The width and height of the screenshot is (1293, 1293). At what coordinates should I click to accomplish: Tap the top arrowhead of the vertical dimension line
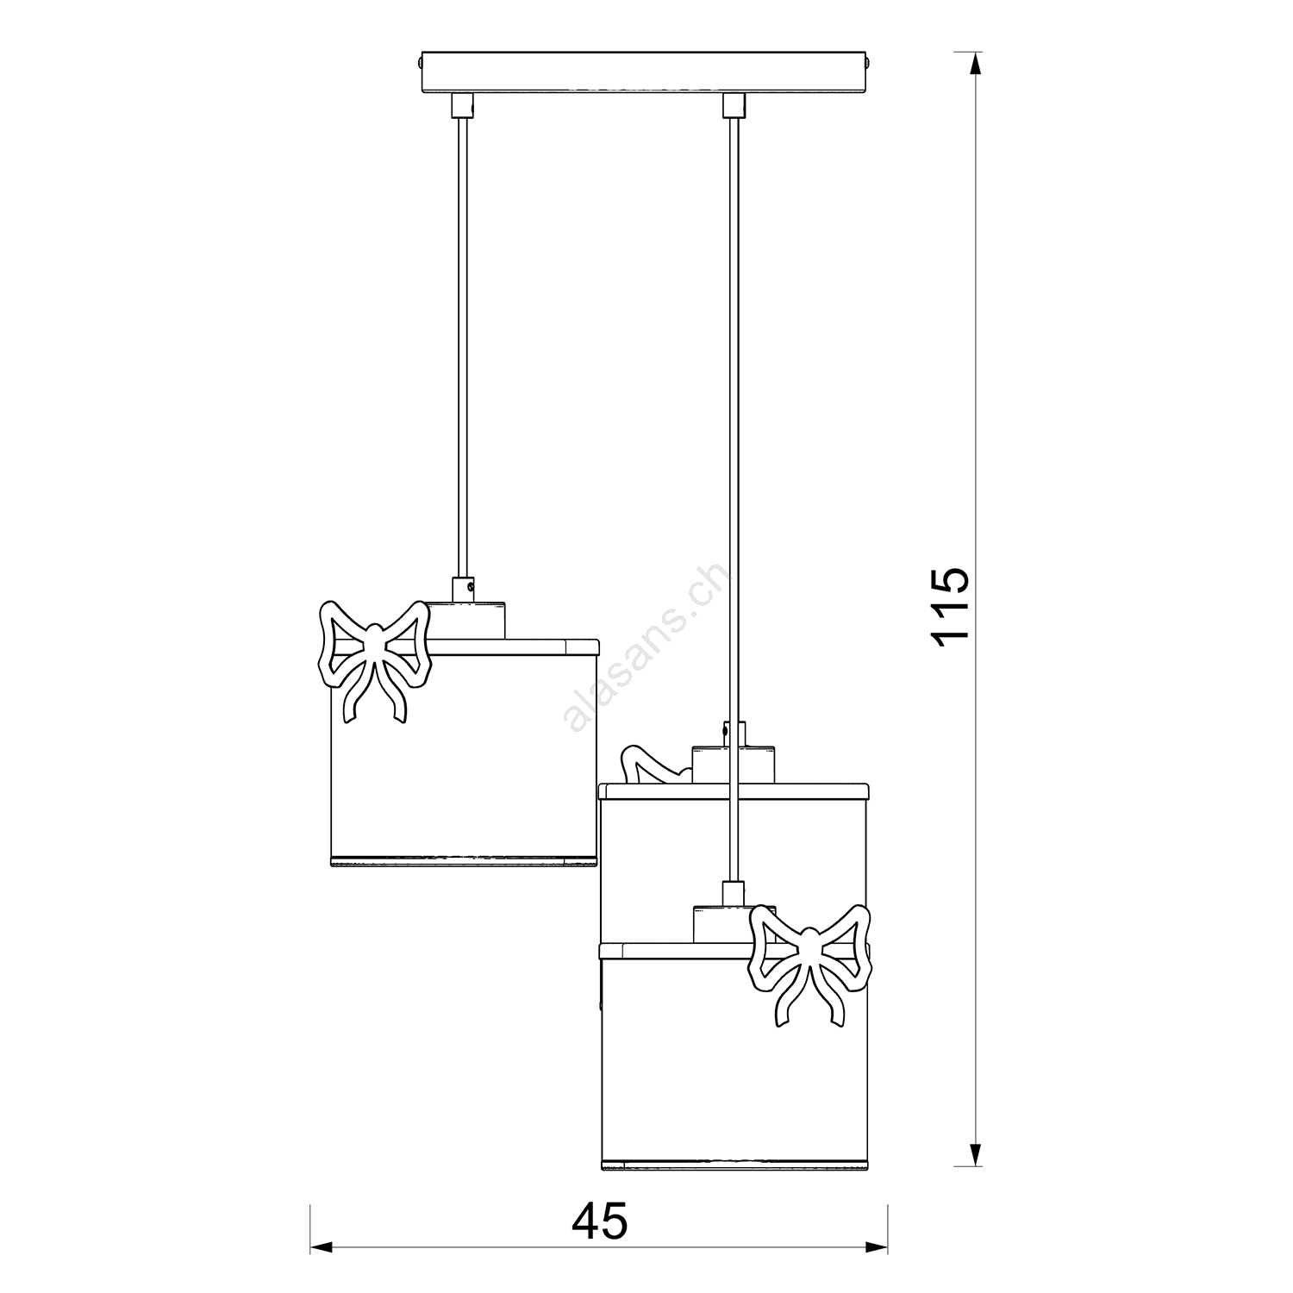coord(974,66)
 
